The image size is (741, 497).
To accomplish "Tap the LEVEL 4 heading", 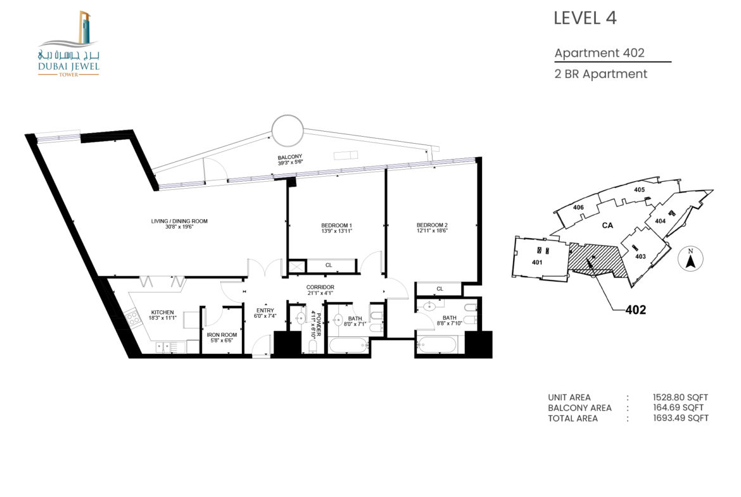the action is pos(585,18).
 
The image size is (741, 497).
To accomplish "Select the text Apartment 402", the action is pos(599,53).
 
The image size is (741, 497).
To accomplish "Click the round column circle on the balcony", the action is pos(288,130).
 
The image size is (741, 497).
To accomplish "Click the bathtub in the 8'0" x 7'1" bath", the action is pos(349,345).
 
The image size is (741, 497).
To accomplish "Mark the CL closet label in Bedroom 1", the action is pos(329,265).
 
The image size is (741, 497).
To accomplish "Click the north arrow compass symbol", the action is pos(690,259).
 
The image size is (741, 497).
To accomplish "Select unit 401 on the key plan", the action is pos(537,262).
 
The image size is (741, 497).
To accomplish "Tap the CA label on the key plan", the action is pos(608,225).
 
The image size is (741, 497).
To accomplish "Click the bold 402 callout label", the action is pos(636,310).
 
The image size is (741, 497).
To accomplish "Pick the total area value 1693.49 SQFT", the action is pos(680,418).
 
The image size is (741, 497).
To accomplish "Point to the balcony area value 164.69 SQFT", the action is pos(678,408).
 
